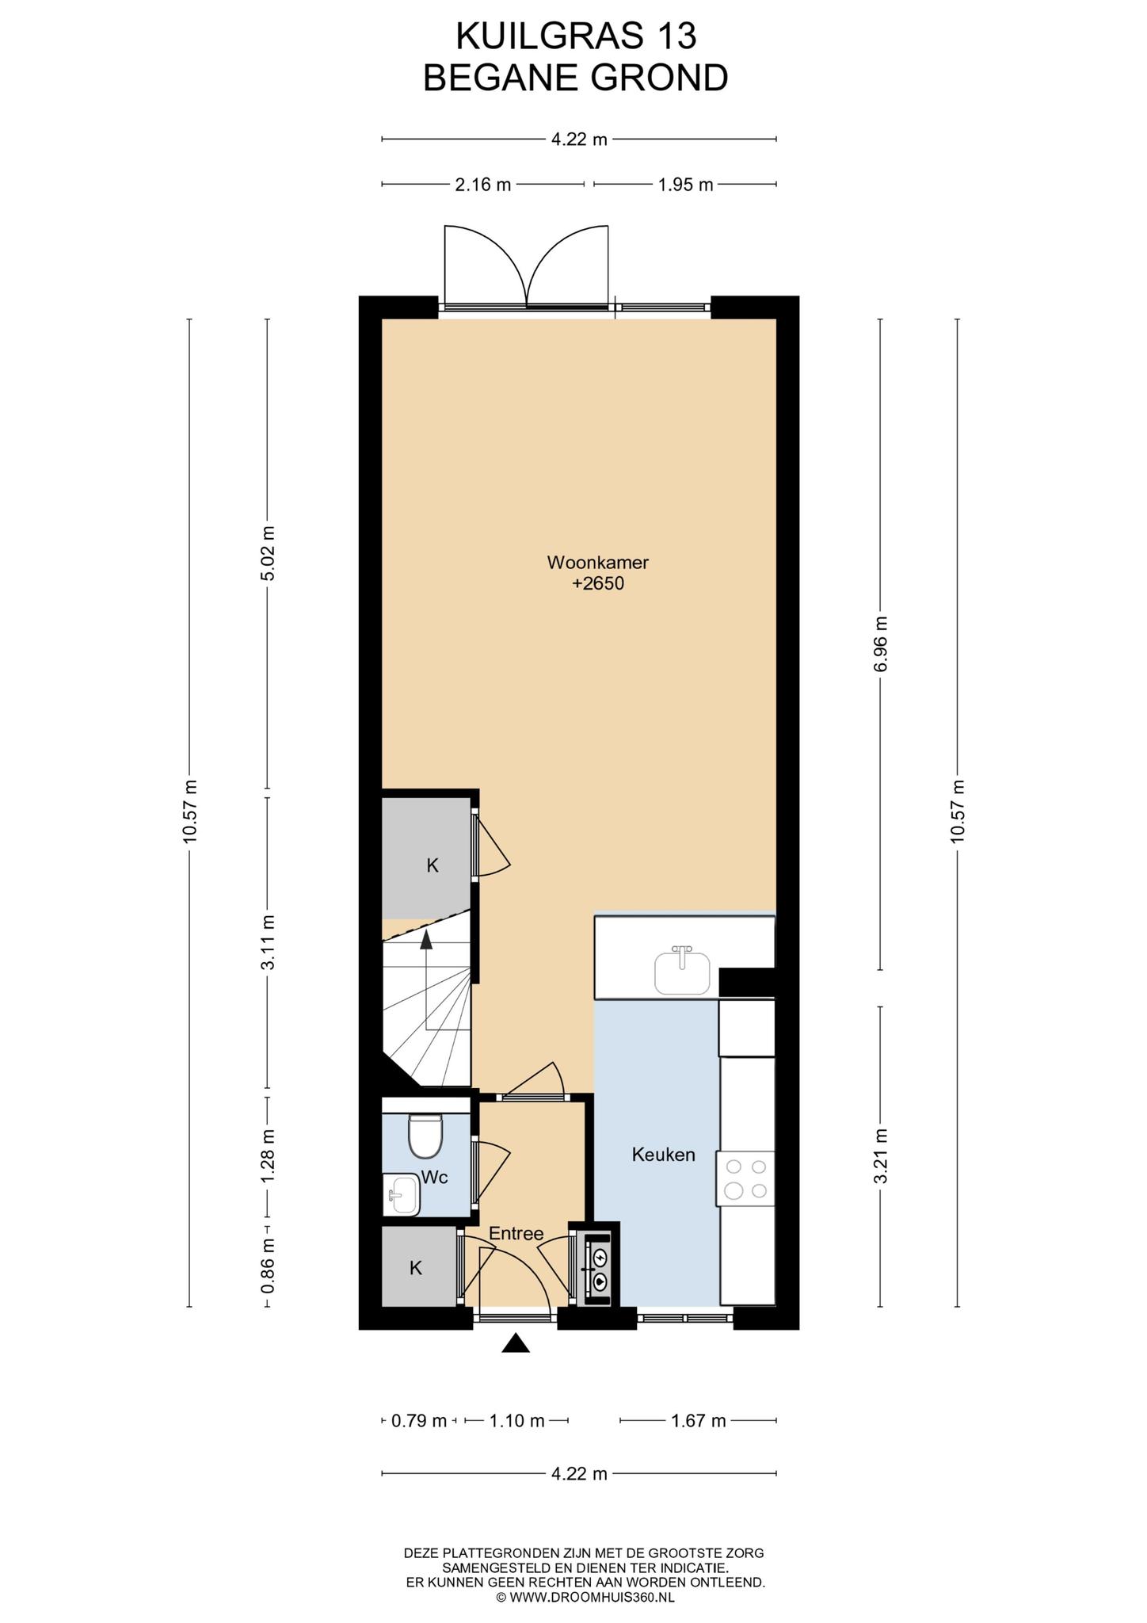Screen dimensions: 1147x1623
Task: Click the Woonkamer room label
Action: [x=598, y=563]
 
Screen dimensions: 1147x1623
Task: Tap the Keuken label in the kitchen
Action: [x=664, y=1155]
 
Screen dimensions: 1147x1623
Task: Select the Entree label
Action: [x=516, y=1233]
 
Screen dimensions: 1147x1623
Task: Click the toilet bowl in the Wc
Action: [x=425, y=1136]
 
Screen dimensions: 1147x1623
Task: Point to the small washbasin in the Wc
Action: [x=402, y=1193]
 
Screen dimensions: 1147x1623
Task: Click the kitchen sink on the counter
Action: [x=683, y=969]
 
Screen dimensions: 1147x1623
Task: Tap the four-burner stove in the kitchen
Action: [x=745, y=1178]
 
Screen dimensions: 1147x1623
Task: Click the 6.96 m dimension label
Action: [x=881, y=643]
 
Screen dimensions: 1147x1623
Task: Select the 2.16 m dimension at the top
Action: [x=482, y=185]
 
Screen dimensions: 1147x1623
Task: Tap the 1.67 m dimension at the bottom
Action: [x=698, y=1421]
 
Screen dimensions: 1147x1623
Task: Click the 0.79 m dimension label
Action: [x=419, y=1421]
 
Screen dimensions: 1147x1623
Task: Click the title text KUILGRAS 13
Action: [x=576, y=36]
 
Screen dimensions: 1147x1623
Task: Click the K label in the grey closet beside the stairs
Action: [x=433, y=865]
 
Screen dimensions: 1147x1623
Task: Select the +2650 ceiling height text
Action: [x=598, y=584]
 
